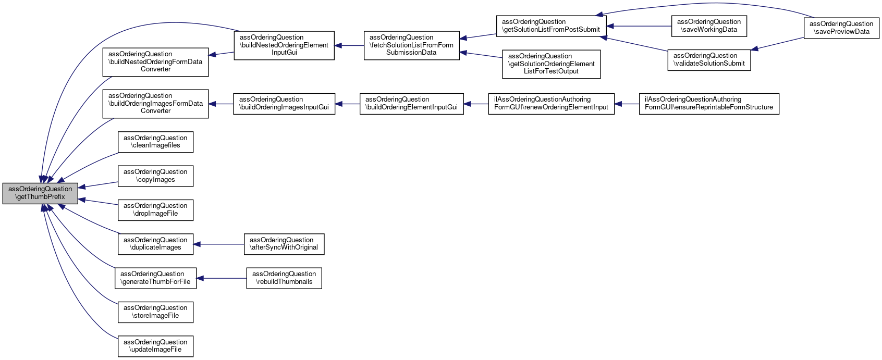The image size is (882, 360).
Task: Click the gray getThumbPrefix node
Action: pyautogui.click(x=40, y=193)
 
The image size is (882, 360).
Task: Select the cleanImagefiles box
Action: pyautogui.click(x=155, y=142)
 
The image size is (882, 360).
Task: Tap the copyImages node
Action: pyautogui.click(x=155, y=176)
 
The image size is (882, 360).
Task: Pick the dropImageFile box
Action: pyautogui.click(x=155, y=210)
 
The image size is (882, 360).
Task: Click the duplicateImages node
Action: pyautogui.click(x=155, y=244)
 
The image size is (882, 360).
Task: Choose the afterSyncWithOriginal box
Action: pyautogui.click(x=284, y=244)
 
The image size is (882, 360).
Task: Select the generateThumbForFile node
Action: pyautogui.click(x=155, y=278)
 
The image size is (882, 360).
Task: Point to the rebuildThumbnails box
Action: pyautogui.click(x=284, y=278)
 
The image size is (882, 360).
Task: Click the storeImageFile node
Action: pyautogui.click(x=155, y=312)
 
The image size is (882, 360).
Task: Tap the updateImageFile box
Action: pyautogui.click(x=155, y=346)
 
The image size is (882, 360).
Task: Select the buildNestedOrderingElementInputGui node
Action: pyautogui.click(x=284, y=45)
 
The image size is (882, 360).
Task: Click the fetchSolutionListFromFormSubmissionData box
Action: pyautogui.click(x=411, y=45)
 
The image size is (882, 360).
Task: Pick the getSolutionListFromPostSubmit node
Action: pyautogui.click(x=551, y=26)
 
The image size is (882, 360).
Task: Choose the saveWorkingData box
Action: pyautogui.click(x=709, y=26)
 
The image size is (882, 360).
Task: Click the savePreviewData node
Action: pyautogui.click(x=841, y=28)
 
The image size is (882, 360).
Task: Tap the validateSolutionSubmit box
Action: pyautogui.click(x=709, y=60)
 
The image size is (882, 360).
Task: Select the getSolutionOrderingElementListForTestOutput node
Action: pyautogui.click(x=551, y=64)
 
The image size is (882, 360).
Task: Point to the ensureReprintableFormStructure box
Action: pyautogui.click(x=709, y=104)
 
